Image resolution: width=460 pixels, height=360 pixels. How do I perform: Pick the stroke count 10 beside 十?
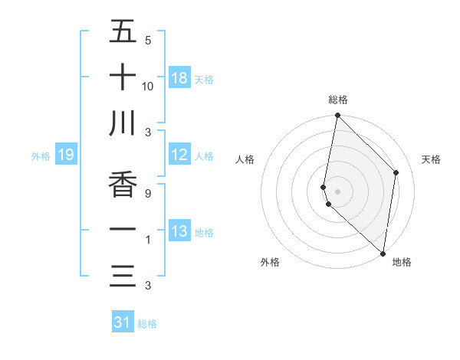click(148, 86)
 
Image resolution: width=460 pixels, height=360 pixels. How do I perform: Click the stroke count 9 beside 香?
click(147, 194)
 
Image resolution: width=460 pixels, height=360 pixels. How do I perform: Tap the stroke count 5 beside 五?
click(147, 40)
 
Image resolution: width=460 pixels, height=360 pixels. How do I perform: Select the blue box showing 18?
click(179, 78)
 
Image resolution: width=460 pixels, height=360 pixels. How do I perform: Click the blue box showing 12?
click(179, 155)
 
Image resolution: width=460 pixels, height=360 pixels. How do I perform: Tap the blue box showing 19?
click(65, 155)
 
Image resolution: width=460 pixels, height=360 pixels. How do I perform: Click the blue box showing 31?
click(123, 322)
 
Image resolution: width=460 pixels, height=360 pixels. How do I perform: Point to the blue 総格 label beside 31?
click(147, 324)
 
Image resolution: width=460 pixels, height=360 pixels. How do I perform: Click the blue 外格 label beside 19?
click(41, 156)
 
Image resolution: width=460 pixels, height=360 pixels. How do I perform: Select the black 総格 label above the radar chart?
click(338, 100)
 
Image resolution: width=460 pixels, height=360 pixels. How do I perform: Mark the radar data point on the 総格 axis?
click(337, 116)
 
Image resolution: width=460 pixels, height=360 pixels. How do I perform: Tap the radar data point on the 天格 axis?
click(396, 172)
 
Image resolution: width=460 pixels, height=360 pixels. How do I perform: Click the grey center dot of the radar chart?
click(338, 191)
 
